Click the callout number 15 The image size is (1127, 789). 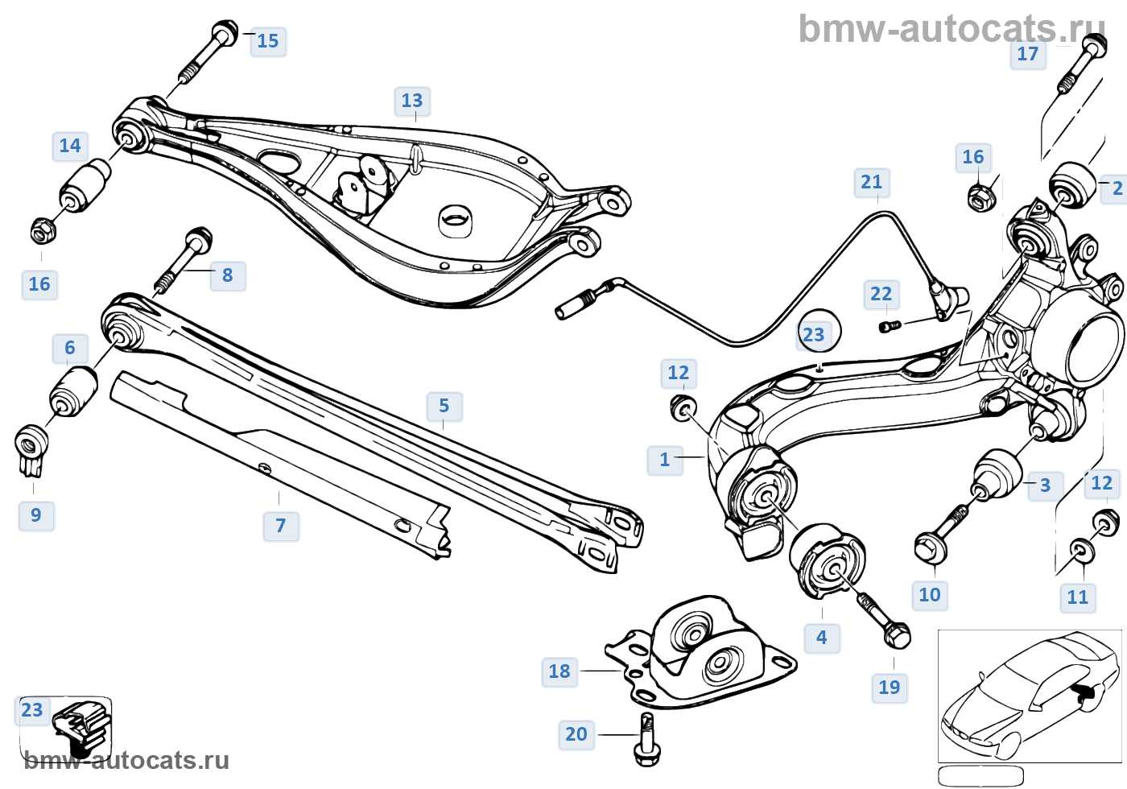(x=267, y=41)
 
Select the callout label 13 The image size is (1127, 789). (x=412, y=101)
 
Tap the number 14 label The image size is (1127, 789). (x=70, y=146)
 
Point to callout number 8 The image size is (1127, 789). (x=228, y=275)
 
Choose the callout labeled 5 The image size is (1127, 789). (x=444, y=406)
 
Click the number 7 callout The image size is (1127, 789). (x=281, y=526)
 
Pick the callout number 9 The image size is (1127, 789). (x=36, y=515)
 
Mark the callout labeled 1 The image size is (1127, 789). (x=665, y=460)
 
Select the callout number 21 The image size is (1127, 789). (x=872, y=182)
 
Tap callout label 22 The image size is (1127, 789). (x=881, y=294)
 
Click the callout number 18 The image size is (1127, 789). (x=559, y=671)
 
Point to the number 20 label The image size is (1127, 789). (x=576, y=734)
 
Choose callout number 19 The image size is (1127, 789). (x=890, y=688)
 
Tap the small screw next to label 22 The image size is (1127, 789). (x=888, y=326)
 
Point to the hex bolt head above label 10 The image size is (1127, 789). (x=930, y=548)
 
